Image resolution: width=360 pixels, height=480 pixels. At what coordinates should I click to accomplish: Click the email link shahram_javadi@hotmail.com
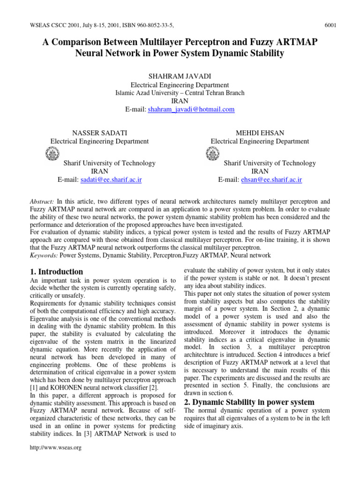(x=191, y=109)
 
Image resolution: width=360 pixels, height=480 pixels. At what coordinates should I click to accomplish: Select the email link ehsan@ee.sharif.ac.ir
(x=271, y=180)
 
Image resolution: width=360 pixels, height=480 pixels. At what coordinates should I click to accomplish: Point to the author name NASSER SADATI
(x=99, y=133)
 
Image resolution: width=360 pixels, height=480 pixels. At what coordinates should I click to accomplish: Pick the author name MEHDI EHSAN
(x=260, y=133)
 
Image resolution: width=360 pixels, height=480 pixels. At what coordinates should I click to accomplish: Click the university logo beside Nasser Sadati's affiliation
(x=52, y=154)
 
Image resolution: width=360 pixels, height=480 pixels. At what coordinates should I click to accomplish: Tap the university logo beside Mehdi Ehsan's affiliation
(x=212, y=154)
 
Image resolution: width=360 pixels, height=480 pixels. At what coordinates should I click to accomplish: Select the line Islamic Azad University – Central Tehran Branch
(x=180, y=93)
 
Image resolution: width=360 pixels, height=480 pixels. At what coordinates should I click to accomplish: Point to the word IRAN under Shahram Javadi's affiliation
(x=180, y=101)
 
